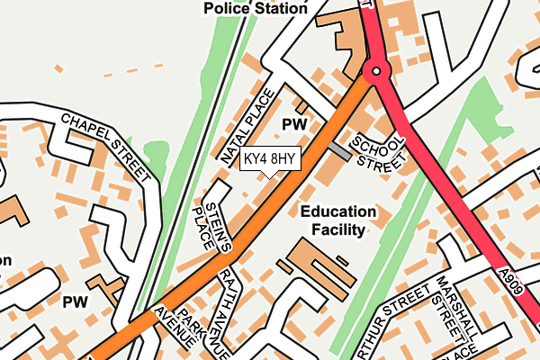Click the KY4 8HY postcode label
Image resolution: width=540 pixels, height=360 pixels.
[x=269, y=159]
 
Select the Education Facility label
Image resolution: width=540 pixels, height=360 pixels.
[x=338, y=220]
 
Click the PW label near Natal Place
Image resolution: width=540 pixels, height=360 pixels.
[x=294, y=123]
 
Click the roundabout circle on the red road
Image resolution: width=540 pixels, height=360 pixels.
[x=376, y=70]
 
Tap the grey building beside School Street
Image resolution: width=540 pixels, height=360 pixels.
[x=339, y=149]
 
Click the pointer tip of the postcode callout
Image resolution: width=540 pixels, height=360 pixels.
[x=269, y=176]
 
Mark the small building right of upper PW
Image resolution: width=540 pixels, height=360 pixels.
[x=302, y=107]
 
